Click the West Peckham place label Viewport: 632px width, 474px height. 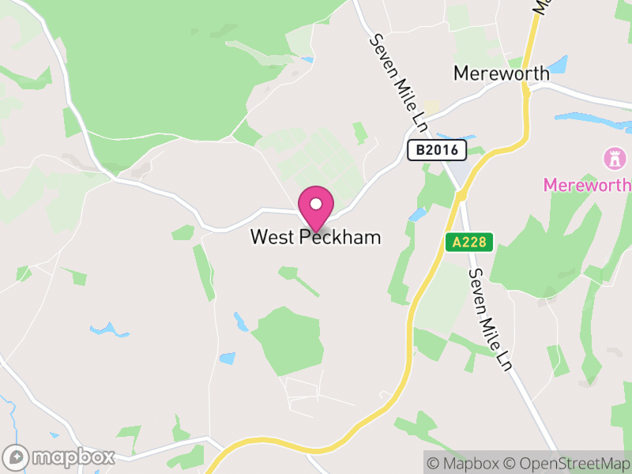[315, 237]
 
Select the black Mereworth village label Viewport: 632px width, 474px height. [501, 73]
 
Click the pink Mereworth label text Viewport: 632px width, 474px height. [587, 185]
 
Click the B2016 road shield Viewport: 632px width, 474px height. [437, 149]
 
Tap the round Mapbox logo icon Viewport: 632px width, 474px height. [17, 457]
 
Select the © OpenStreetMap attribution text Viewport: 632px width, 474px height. [567, 463]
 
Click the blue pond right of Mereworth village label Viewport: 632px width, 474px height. [559, 64]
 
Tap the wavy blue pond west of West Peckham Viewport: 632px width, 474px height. [109, 329]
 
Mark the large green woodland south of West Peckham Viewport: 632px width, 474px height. [289, 338]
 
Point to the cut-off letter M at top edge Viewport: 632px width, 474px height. [540, 6]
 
